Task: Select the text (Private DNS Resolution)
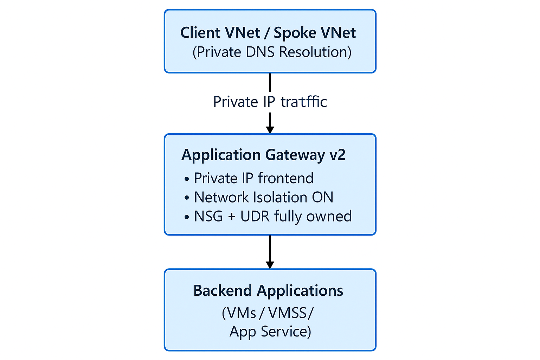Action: tap(272, 52)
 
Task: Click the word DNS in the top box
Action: tap(261, 52)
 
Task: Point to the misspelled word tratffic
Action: tap(304, 102)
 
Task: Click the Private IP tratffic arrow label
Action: tap(270, 102)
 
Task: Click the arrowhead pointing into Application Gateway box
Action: tap(270, 129)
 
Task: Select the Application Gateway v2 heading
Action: tap(263, 155)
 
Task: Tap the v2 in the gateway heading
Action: tap(337, 155)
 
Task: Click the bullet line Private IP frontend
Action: tap(253, 178)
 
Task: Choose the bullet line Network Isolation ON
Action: tap(263, 197)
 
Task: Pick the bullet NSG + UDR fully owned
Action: tap(272, 216)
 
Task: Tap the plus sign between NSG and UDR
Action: tap(231, 217)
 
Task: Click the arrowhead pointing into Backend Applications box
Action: tap(270, 264)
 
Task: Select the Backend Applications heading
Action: tap(268, 291)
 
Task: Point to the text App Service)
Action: tap(270, 332)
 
